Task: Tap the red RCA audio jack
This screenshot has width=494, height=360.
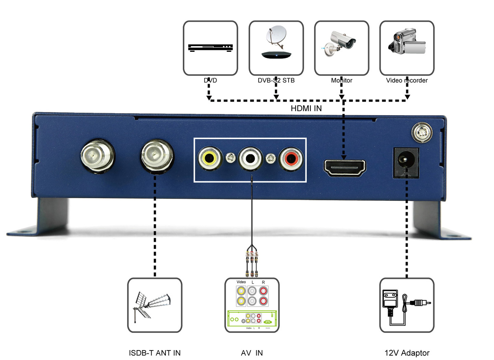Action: pyautogui.click(x=291, y=160)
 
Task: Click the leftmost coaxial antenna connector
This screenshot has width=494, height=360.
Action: pyautogui.click(x=98, y=156)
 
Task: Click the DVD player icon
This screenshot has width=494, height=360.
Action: pyautogui.click(x=210, y=48)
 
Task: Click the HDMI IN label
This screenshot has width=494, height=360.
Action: pyautogui.click(x=306, y=108)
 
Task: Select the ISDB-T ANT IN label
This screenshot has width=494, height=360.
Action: pyautogui.click(x=155, y=353)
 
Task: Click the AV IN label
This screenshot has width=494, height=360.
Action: pyautogui.click(x=252, y=353)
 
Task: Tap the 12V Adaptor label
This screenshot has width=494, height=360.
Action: pyautogui.click(x=407, y=353)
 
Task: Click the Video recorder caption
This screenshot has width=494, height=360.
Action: pyautogui.click(x=407, y=80)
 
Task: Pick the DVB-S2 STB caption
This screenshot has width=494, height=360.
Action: pyautogui.click(x=276, y=80)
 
